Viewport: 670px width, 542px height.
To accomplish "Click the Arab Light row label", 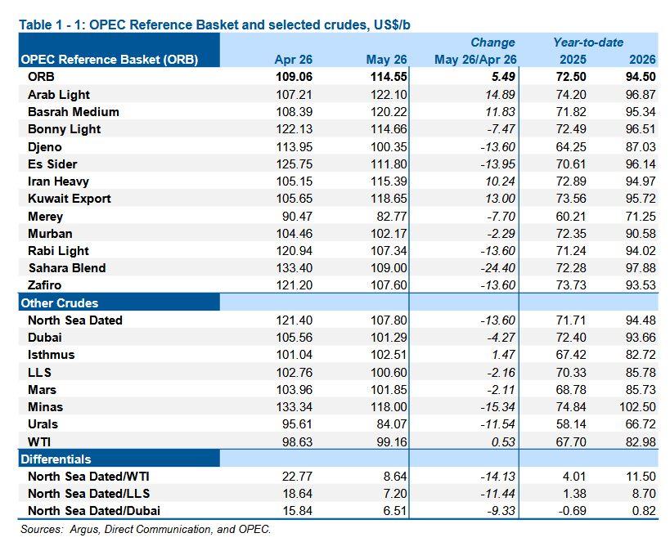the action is (x=59, y=94).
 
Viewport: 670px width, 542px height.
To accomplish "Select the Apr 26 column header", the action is (x=293, y=60).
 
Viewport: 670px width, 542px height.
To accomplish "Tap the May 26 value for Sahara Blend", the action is (x=389, y=268).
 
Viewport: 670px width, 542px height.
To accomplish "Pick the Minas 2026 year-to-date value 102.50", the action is (x=637, y=406).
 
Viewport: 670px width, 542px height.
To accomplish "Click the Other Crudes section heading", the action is (x=60, y=302).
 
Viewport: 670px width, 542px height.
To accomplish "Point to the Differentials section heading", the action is (x=56, y=459).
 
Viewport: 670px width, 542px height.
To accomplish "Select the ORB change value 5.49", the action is (x=503, y=77).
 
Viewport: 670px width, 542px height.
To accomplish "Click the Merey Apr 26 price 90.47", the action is (x=297, y=216).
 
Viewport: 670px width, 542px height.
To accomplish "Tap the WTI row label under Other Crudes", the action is (x=39, y=441).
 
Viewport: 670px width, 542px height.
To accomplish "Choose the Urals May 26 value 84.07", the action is (x=391, y=424).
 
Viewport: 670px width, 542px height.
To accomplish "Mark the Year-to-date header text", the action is (x=588, y=43).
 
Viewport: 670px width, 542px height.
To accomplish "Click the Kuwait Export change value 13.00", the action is (x=500, y=199).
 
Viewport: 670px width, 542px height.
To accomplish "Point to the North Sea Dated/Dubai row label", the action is (x=94, y=511).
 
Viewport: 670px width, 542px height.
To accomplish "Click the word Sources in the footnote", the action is (x=42, y=529).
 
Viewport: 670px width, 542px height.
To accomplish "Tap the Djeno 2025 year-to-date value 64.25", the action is (x=571, y=147).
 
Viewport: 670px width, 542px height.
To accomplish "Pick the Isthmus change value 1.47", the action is (x=503, y=355).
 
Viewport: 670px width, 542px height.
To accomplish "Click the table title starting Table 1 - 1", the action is (x=214, y=25).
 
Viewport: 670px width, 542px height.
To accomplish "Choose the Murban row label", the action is (x=50, y=234).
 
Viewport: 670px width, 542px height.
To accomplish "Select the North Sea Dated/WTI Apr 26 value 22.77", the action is (x=297, y=477).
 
